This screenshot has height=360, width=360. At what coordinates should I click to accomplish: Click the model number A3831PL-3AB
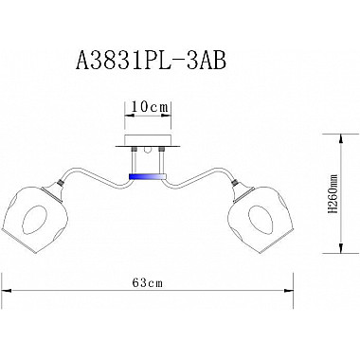151,60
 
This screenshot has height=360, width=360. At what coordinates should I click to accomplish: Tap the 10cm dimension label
149,107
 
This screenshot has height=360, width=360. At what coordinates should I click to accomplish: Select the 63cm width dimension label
148,282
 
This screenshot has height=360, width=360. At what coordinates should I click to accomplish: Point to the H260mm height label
333,193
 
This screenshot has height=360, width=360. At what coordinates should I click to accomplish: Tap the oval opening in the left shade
36,220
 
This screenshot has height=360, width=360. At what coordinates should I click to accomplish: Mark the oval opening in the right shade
261,220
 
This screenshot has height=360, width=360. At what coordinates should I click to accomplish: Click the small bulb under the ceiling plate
148,150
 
